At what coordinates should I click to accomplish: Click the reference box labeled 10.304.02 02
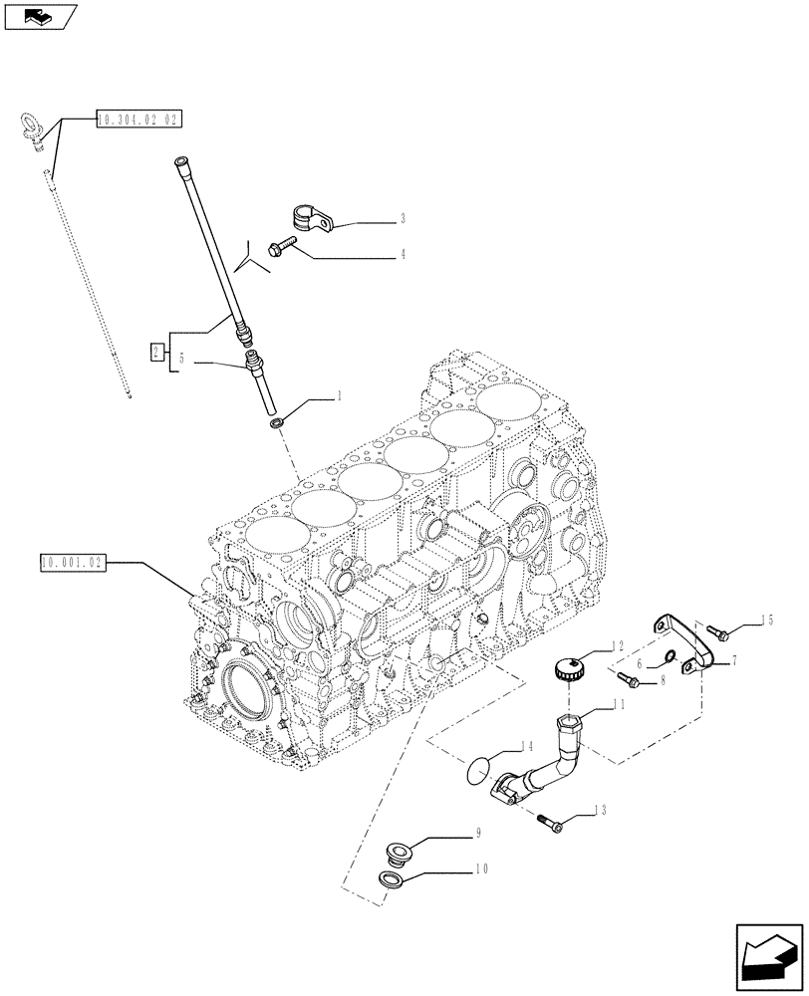138,120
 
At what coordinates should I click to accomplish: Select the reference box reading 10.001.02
73,563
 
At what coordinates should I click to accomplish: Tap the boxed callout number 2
156,351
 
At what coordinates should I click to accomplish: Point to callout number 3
403,217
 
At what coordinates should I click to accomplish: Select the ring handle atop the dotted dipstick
30,126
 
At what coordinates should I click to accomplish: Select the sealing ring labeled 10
395,879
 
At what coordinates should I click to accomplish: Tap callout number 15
766,621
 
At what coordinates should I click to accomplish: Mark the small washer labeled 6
672,655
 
